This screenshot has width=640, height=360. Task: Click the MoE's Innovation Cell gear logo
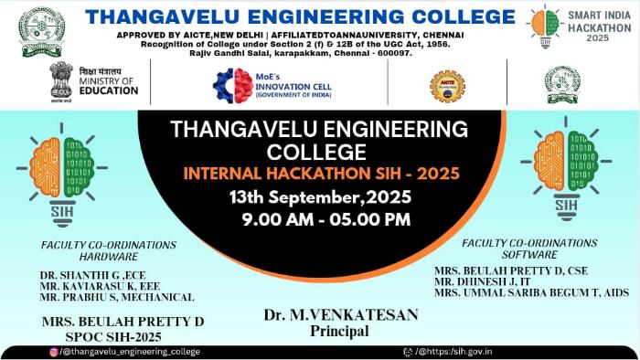point(232,85)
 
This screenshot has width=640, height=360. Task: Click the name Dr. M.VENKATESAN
point(341,314)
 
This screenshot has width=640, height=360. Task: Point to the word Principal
point(340,331)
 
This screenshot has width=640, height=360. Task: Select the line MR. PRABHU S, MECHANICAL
point(117,297)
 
